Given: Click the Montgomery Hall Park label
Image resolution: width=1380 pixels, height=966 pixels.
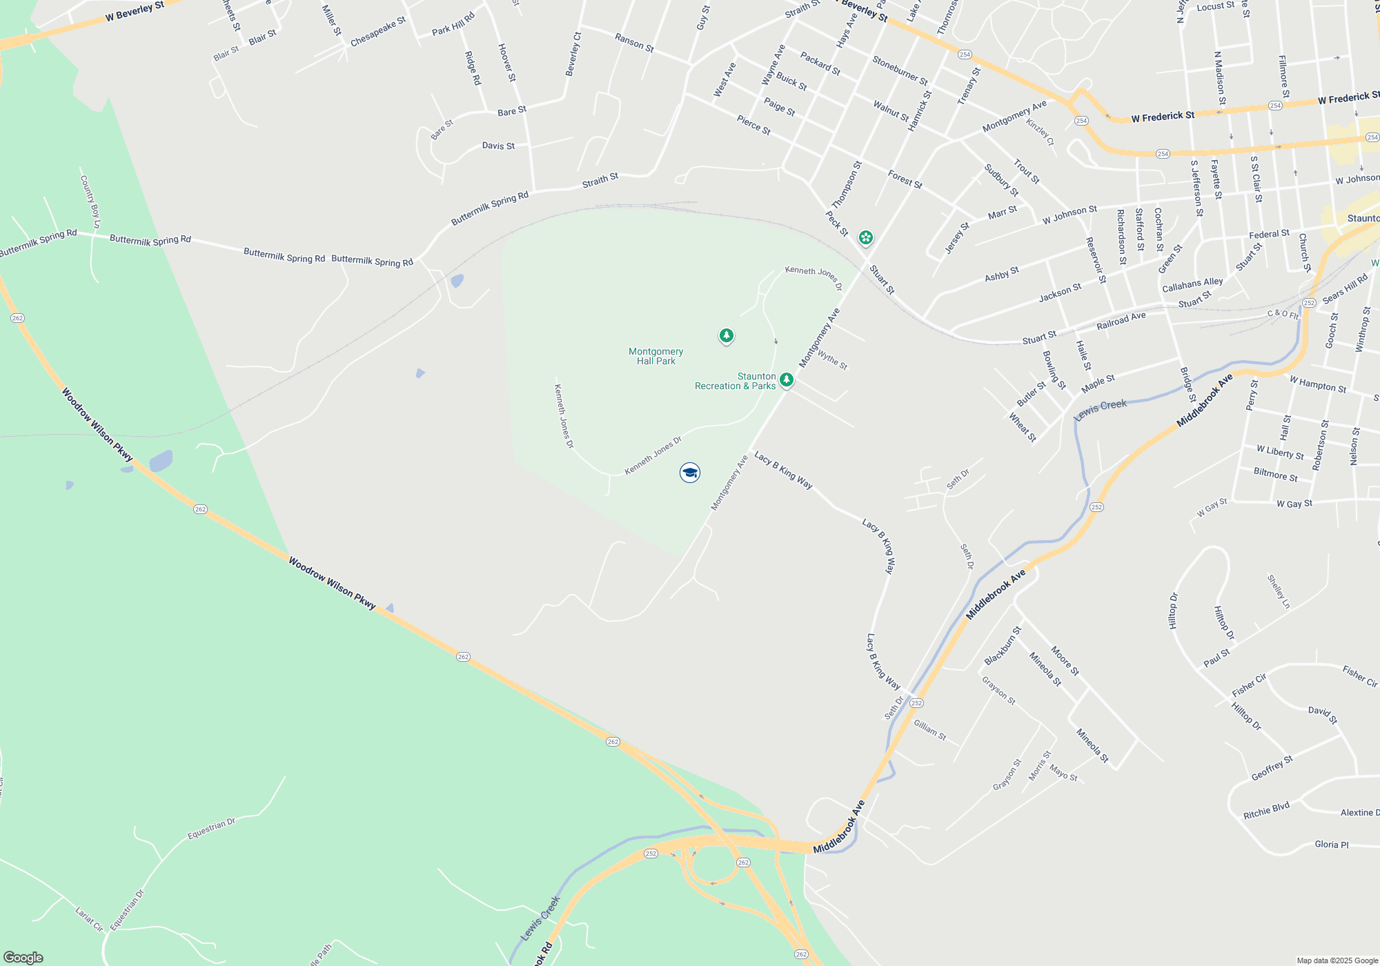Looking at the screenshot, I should pyautogui.click(x=655, y=356).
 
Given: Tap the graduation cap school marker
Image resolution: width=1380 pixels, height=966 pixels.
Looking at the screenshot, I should pyautogui.click(x=690, y=473).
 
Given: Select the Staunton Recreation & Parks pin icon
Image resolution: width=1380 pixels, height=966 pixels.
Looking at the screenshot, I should pyautogui.click(x=786, y=379).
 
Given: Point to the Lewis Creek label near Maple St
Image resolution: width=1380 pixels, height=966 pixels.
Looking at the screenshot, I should pyautogui.click(x=1101, y=409).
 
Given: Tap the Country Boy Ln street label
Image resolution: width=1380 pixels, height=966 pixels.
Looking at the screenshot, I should pyautogui.click(x=90, y=201).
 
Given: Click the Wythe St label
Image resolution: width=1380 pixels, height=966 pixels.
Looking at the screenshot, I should pyautogui.click(x=833, y=360).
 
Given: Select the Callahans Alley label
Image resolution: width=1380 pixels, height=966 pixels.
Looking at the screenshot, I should pyautogui.click(x=1192, y=284).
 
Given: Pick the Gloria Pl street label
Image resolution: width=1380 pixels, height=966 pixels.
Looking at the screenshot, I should pyautogui.click(x=1331, y=845).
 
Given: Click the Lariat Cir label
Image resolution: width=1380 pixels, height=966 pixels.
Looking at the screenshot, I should pyautogui.click(x=89, y=919).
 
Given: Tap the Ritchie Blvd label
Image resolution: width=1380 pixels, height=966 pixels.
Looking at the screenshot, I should pyautogui.click(x=1266, y=811).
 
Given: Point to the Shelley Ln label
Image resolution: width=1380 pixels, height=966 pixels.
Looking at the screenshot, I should pyautogui.click(x=1279, y=591).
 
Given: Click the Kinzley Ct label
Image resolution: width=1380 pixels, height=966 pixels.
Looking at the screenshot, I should pyautogui.click(x=1041, y=132).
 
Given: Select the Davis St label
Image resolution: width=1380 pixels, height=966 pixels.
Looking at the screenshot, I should pyautogui.click(x=498, y=146).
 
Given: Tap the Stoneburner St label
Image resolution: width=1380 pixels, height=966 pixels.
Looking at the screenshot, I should pyautogui.click(x=900, y=70).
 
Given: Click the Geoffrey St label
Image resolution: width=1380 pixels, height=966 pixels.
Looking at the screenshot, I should pyautogui.click(x=1272, y=768).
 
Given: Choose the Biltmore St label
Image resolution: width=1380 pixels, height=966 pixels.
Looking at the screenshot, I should pyautogui.click(x=1275, y=475).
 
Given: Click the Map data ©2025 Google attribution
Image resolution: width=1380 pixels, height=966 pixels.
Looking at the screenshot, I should pyautogui.click(x=1337, y=960).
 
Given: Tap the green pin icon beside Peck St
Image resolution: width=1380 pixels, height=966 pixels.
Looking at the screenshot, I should pyautogui.click(x=865, y=238).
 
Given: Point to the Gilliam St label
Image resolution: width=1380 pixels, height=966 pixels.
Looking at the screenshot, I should pyautogui.click(x=930, y=730).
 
